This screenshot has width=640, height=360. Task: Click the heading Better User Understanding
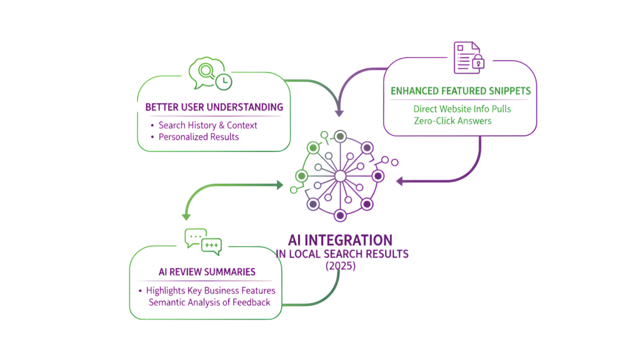pos(214,107)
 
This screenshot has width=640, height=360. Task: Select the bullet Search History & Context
pos(207,125)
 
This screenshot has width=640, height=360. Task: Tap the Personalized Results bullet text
pos(198,137)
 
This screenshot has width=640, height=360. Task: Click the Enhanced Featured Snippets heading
pos(461,91)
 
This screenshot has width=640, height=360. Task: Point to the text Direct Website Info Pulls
pos(461,109)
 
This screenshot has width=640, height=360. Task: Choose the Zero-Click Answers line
pos(452,121)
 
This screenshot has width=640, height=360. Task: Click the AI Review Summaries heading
pos(206,272)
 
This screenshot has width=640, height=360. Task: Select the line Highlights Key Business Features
pos(211,291)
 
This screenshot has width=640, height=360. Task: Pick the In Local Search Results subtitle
pos(342,254)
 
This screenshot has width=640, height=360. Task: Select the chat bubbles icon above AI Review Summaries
pos(202,242)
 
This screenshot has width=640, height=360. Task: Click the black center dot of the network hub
pos(339,176)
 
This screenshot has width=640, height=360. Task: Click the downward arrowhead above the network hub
pos(339,113)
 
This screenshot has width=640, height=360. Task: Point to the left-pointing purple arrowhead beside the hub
pos(401,182)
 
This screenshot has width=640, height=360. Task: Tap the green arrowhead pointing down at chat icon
pos(186,216)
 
